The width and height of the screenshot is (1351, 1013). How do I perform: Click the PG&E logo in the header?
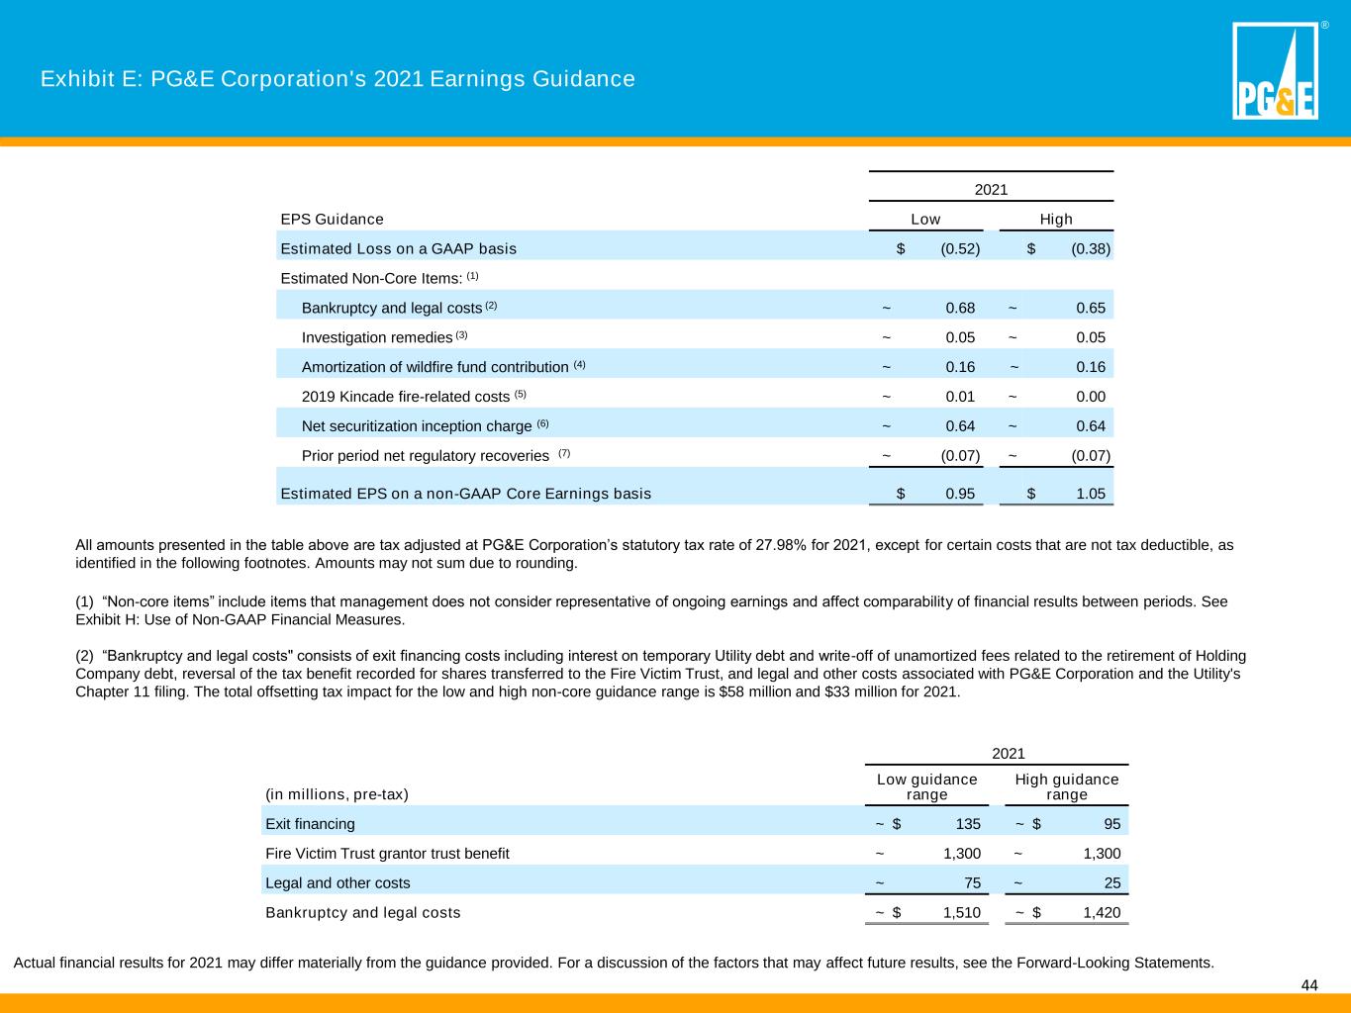[x=1275, y=70]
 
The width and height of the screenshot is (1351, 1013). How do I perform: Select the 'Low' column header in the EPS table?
[x=925, y=219]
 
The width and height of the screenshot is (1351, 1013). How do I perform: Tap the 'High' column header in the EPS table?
[x=1056, y=219]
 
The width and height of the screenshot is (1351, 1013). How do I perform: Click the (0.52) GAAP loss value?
[x=960, y=248]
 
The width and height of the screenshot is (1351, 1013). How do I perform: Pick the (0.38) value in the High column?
[x=1091, y=248]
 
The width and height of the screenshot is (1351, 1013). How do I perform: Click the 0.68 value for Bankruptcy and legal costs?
[x=960, y=308]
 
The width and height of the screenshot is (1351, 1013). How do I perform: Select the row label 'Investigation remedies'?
[x=377, y=337]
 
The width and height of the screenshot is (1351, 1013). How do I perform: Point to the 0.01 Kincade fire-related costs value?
[x=960, y=397]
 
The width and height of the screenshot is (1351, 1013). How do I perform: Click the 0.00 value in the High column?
[x=1091, y=397]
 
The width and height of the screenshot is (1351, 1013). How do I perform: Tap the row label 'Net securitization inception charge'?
[x=417, y=426]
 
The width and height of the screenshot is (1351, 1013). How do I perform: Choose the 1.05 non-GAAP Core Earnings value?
[x=1091, y=494]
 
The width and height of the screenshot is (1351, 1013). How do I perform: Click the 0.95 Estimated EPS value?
[x=960, y=494]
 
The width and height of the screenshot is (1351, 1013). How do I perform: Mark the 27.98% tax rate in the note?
[x=781, y=545]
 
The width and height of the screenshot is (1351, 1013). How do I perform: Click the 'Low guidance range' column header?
[x=927, y=786]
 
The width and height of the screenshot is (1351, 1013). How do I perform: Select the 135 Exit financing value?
[x=968, y=824]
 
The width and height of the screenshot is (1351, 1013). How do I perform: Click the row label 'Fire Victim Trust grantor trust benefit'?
[x=387, y=853]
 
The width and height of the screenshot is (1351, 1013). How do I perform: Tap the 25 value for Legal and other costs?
[x=1112, y=882]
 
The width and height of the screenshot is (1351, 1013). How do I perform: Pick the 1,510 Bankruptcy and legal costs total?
[x=962, y=913]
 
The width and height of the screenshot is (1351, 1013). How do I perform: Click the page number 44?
[x=1309, y=985]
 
